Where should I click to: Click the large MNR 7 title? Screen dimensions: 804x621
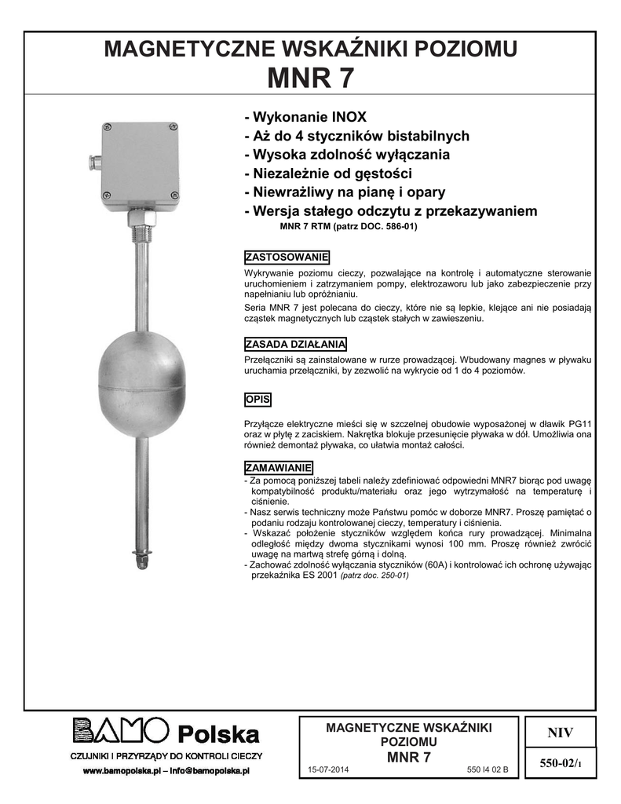pos(310,79)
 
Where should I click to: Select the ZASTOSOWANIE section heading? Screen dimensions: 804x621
pos(287,258)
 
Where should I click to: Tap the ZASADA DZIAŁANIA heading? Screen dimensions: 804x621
pos(295,344)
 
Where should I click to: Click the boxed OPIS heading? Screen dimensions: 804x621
pos(258,399)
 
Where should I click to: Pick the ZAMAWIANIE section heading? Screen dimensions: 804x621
pos(279,467)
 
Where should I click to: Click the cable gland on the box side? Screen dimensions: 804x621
pos(93,163)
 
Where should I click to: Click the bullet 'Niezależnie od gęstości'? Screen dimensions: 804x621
pos(328,174)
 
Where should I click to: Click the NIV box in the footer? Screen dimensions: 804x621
pos(561,733)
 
